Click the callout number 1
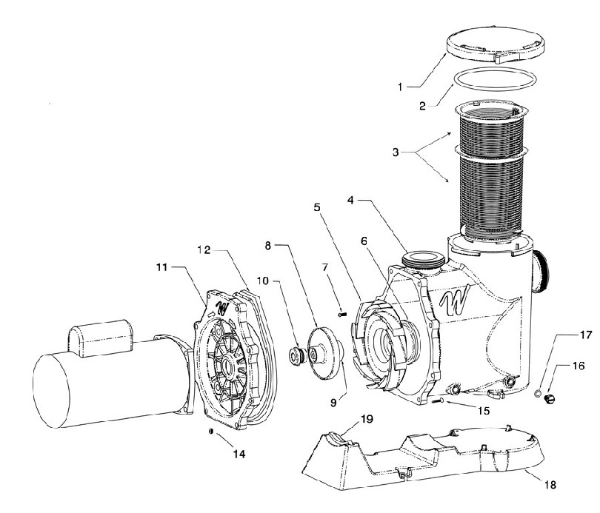[x=400, y=87]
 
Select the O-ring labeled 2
[x=495, y=79]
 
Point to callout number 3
[x=396, y=152]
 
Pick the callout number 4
[x=350, y=200]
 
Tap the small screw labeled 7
[x=341, y=314]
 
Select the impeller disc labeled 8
[x=324, y=351]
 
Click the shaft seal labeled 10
[x=296, y=355]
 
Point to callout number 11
[x=162, y=266]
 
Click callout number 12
[x=204, y=249]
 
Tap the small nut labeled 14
[x=210, y=431]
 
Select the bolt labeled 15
[x=438, y=400]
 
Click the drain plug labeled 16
[x=549, y=399]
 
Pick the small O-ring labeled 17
[x=538, y=392]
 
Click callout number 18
[x=550, y=485]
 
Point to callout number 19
[x=366, y=419]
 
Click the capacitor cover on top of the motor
[x=101, y=338]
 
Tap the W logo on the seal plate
[x=221, y=308]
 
